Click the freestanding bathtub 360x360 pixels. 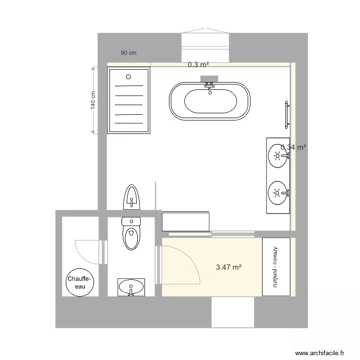209,101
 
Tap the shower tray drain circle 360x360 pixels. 128,76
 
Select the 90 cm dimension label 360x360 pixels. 128,53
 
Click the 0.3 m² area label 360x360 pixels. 198,64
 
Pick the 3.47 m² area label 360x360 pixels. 228,267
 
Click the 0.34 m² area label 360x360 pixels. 294,147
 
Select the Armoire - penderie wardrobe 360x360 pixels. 276,267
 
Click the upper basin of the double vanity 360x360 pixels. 277,155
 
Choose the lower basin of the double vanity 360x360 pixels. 277,193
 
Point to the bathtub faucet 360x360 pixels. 209,86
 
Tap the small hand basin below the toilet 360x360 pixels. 131,288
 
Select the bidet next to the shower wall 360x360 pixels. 131,196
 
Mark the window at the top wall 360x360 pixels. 206,41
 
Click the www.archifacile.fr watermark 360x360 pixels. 320,353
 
